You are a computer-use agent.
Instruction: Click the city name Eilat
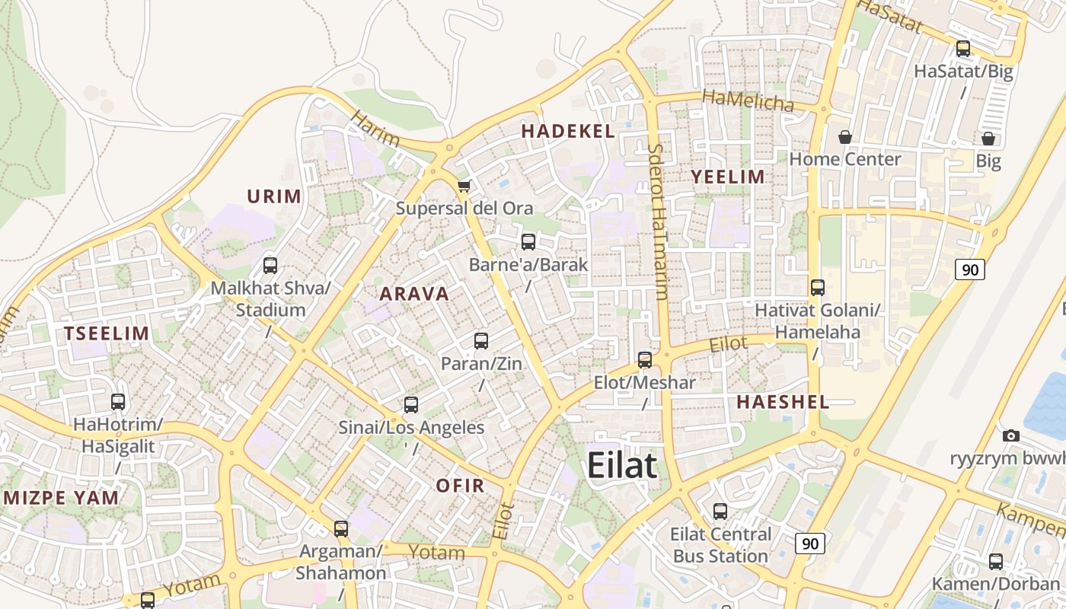coord(621,465)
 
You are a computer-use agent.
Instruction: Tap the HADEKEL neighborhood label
coord(568,131)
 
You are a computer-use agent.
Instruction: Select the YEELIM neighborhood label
coord(727,177)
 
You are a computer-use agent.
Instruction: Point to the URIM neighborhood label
coord(274,196)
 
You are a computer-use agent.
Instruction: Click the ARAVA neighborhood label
coord(414,294)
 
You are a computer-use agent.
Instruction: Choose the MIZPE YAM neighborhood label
coord(62,499)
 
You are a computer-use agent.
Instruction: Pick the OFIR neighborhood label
coord(460,486)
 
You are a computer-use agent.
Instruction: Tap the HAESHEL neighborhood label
coord(783,403)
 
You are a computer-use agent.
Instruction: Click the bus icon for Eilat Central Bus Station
coord(720,512)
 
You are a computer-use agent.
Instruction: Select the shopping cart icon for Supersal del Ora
coord(464,186)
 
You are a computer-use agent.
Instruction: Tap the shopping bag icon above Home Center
coord(844,137)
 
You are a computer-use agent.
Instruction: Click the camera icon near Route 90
coord(1011,435)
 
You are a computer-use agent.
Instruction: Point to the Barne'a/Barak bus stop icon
coord(528,242)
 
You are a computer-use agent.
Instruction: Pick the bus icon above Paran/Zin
coord(481,341)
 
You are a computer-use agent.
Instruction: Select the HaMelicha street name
coord(748,100)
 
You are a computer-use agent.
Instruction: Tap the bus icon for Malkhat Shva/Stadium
coord(270,266)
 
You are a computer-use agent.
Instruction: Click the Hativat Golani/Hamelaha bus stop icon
coord(818,288)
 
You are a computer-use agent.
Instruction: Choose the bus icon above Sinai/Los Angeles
coord(411,405)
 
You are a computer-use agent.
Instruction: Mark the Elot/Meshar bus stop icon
coord(645,360)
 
